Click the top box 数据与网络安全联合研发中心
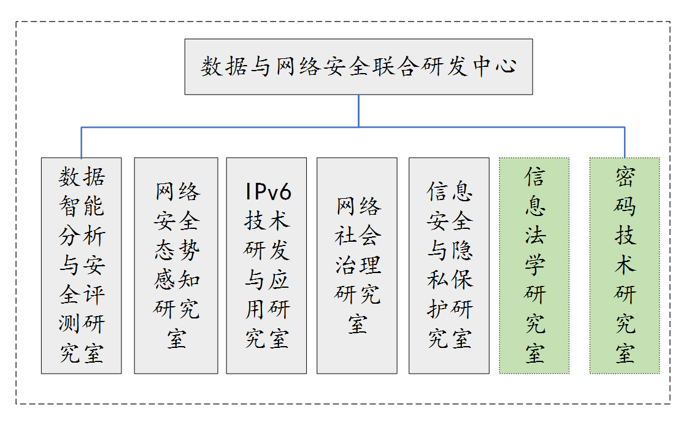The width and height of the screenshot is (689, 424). [358, 67]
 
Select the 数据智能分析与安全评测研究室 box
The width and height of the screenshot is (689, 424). [81, 266]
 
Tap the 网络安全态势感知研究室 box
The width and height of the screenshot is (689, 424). [176, 266]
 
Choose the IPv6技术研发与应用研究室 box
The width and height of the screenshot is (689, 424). [266, 266]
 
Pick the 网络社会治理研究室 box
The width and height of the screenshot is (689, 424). [357, 266]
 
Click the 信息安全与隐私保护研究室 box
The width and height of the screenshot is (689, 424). [449, 266]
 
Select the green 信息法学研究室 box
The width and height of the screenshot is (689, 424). [534, 266]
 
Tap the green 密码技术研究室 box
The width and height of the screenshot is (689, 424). [625, 266]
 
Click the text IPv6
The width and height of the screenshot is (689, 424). [267, 192]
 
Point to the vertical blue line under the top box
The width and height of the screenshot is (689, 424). [359, 110]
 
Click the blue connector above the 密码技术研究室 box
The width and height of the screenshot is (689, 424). [625, 142]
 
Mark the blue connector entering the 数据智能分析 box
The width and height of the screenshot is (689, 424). [82, 142]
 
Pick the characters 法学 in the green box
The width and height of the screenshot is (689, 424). [534, 250]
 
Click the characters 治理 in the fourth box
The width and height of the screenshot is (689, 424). [358, 265]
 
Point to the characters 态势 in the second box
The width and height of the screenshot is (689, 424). [177, 250]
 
